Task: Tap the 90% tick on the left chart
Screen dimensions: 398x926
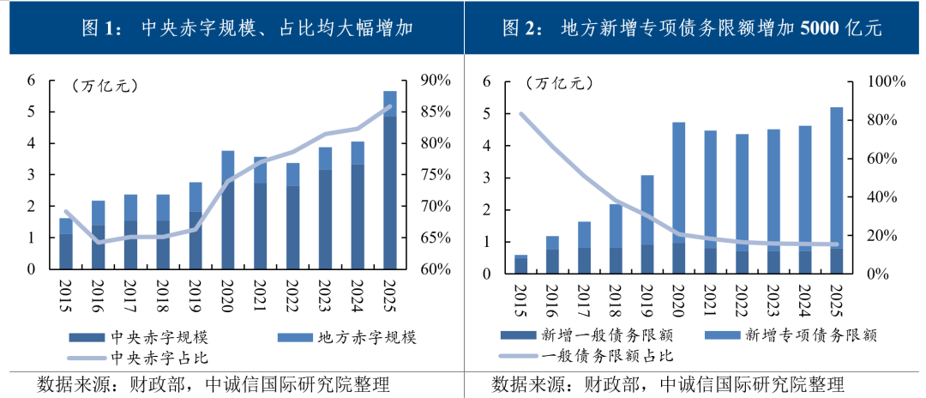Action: point(436,81)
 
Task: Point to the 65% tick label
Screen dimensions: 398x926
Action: point(436,238)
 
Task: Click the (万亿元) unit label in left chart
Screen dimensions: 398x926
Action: point(105,85)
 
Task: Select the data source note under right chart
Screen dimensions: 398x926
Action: point(667,383)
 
